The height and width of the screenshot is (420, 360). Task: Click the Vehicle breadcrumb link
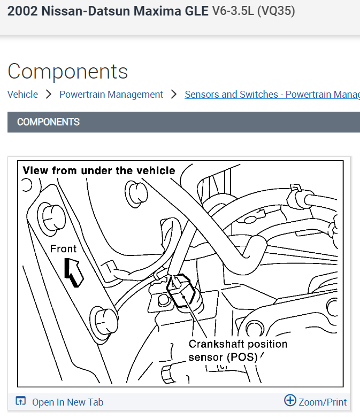click(x=22, y=95)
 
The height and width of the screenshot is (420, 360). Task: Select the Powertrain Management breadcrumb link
click(x=111, y=95)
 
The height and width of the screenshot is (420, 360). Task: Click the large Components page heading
click(x=68, y=71)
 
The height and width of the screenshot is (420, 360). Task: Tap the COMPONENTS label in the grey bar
click(x=48, y=122)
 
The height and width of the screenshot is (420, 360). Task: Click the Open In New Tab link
click(x=67, y=402)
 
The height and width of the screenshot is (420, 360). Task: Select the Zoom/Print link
click(x=323, y=402)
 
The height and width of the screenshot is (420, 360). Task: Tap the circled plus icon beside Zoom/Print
click(x=290, y=400)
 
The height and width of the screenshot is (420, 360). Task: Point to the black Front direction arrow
click(x=74, y=271)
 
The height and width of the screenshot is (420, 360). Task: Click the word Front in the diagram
click(x=63, y=248)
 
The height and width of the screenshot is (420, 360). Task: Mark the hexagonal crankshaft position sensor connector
click(x=182, y=291)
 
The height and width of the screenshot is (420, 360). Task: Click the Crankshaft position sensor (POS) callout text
click(x=238, y=351)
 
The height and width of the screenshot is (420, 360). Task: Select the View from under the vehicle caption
click(x=99, y=170)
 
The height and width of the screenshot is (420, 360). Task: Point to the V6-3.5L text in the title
click(x=233, y=11)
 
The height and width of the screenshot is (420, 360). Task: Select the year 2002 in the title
click(x=21, y=11)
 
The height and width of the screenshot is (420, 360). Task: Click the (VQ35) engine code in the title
click(x=276, y=11)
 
